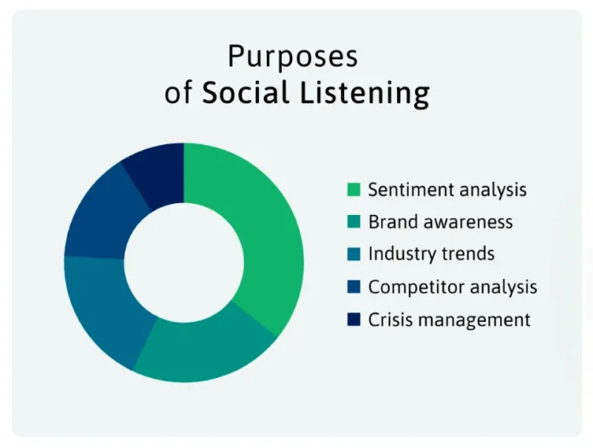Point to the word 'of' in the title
point(179,92)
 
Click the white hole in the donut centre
point(184,263)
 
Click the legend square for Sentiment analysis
point(354,189)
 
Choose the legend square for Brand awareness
point(354,222)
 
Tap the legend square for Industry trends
point(354,254)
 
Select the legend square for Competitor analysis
point(354,287)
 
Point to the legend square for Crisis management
point(354,320)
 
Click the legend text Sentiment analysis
point(447,189)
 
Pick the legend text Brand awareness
point(440,222)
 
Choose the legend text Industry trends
point(431,254)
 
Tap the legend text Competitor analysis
point(452,287)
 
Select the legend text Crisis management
point(449,320)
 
